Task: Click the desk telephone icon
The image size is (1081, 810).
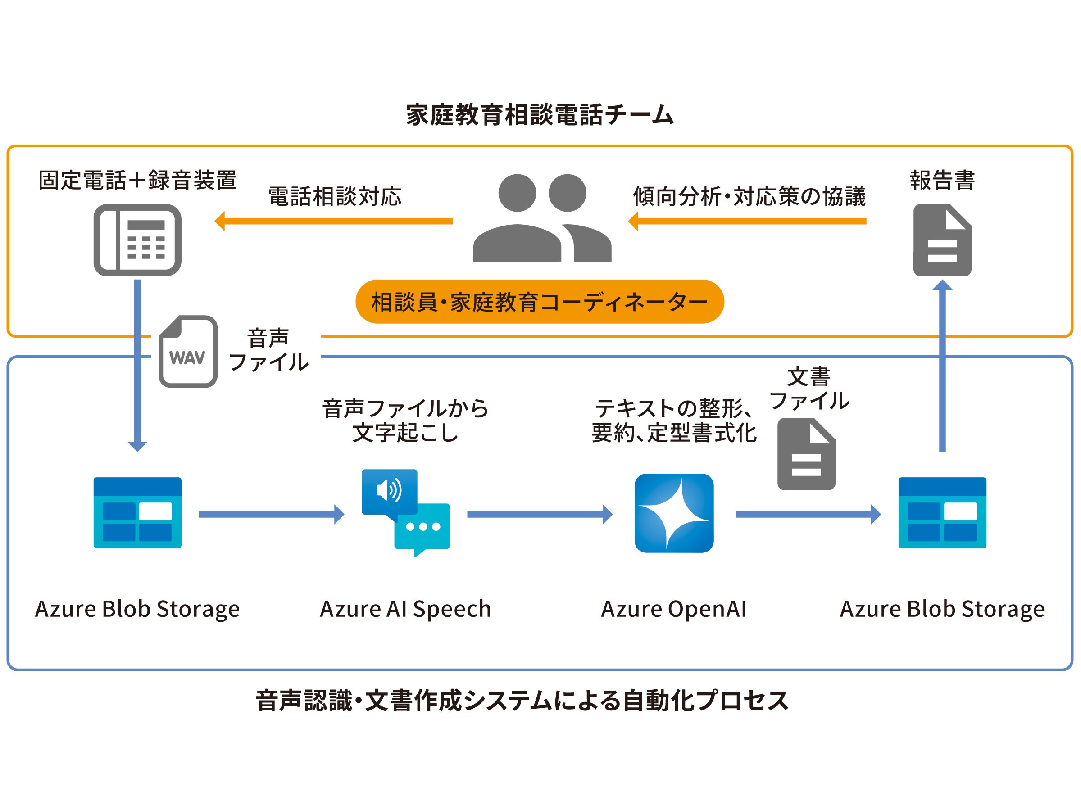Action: pos(137,240)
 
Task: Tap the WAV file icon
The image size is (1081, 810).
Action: pos(188,351)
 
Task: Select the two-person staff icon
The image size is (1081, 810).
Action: pos(542,218)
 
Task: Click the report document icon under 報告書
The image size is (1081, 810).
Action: pos(942,240)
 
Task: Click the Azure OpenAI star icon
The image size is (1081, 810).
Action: pos(673,513)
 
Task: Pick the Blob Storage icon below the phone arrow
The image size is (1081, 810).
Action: pos(137,512)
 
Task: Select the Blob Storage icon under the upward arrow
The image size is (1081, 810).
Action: pos(942,512)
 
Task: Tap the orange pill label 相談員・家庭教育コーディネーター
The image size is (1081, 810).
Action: pos(540,301)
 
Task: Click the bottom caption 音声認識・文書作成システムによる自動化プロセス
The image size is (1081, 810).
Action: pos(522,700)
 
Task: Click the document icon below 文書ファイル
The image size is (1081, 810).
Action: pos(806,454)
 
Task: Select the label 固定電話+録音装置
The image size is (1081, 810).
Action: pos(137,180)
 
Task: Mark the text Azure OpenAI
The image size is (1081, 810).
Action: pos(673,609)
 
